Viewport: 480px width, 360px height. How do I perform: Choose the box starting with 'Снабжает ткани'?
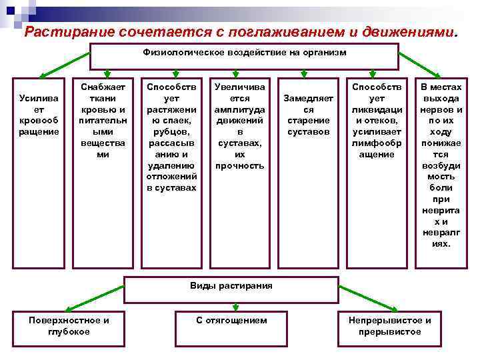click(x=103, y=120)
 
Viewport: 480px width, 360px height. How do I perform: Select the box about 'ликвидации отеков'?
click(x=377, y=120)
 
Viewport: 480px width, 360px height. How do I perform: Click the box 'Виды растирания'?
click(x=231, y=286)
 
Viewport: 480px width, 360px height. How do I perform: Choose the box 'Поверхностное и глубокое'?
click(x=69, y=326)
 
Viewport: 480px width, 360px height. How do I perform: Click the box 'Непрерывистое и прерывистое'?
click(x=389, y=326)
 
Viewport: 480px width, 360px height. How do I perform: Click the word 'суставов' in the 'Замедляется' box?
click(x=308, y=131)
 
